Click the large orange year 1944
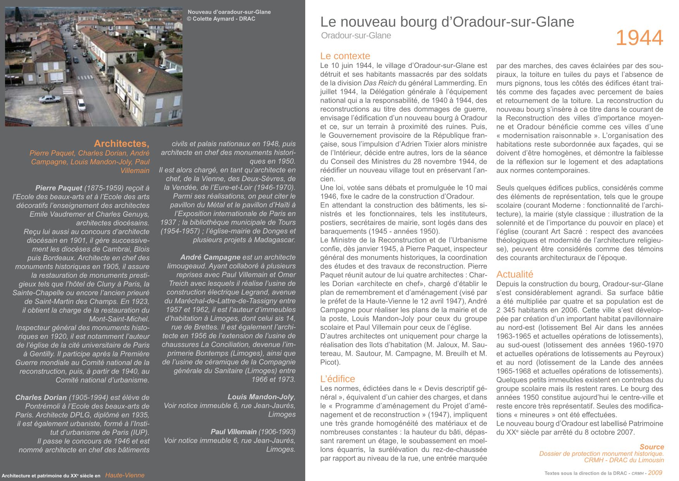click(639, 38)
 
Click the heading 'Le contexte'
click(345, 56)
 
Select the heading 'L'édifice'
click(337, 379)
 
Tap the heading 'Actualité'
click(514, 274)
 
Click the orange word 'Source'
click(651, 447)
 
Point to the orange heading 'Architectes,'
click(121, 144)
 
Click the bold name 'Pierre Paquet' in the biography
click(59, 188)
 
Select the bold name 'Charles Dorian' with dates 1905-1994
click(41, 397)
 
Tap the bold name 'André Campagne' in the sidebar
click(210, 257)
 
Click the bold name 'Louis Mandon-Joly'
click(261, 397)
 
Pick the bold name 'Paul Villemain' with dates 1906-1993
click(234, 432)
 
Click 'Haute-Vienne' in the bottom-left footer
click(125, 475)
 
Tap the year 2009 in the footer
click(655, 472)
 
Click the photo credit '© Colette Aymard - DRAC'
click(221, 19)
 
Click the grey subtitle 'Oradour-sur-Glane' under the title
click(356, 36)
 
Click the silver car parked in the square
click(50, 99)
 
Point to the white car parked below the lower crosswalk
click(81, 105)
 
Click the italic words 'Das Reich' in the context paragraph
click(380, 83)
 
